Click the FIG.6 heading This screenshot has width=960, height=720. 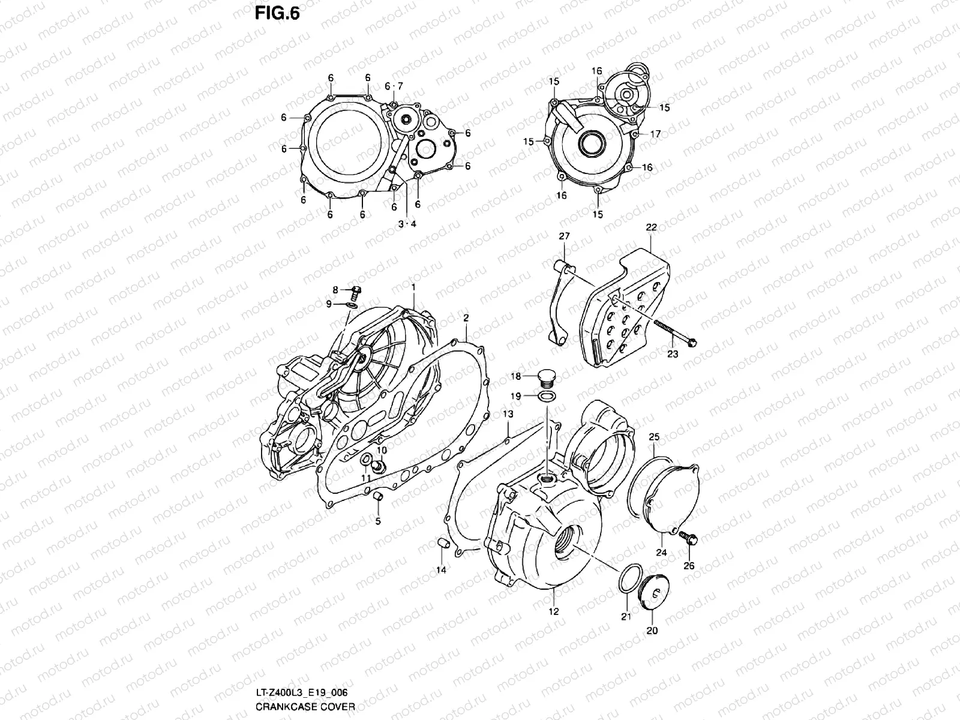(x=277, y=13)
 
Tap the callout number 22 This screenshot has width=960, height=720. (x=652, y=227)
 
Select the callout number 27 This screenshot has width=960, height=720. (x=565, y=236)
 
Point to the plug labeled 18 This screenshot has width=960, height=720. (x=546, y=377)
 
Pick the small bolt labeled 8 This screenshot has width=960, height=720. (x=356, y=292)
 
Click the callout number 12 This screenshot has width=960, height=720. (x=553, y=611)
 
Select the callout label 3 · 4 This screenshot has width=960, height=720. (x=407, y=224)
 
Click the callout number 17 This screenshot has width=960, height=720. (x=655, y=134)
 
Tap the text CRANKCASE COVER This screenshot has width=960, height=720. (x=305, y=707)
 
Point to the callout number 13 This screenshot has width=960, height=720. (x=508, y=415)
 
